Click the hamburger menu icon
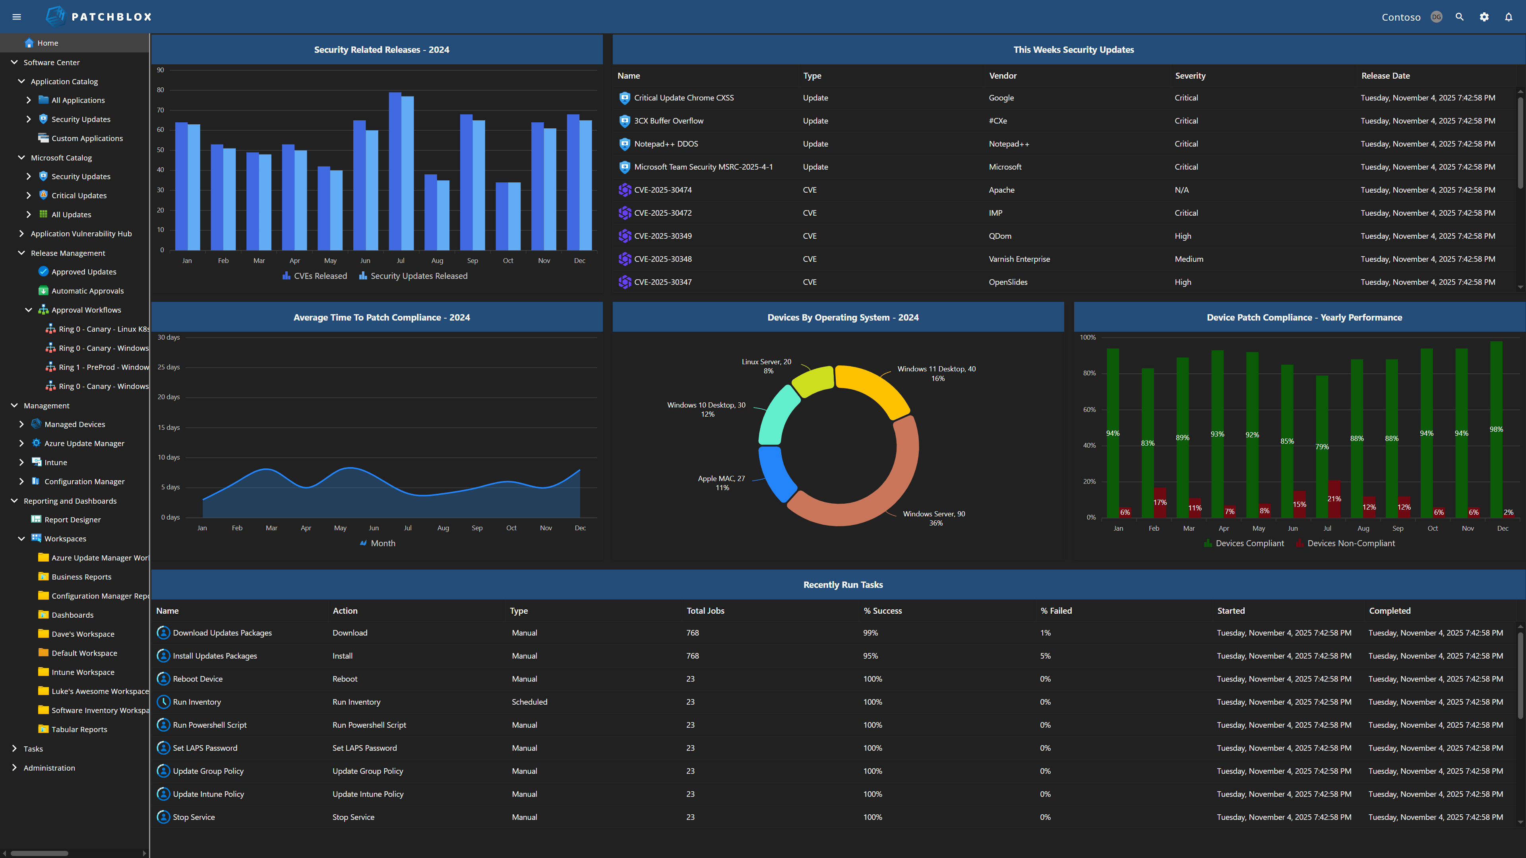pyautogui.click(x=17, y=17)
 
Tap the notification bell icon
pyautogui.click(x=1508, y=17)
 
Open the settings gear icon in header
pyautogui.click(x=1484, y=17)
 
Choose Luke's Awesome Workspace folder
pyautogui.click(x=99, y=691)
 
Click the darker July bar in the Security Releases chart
pyautogui.click(x=395, y=172)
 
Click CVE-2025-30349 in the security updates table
pyautogui.click(x=662, y=236)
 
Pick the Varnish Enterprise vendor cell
pyautogui.click(x=1019, y=259)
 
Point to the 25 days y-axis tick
pyautogui.click(x=168, y=367)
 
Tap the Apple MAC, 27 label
pyautogui.click(x=721, y=478)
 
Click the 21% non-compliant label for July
pyautogui.click(x=1334, y=499)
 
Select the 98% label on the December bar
pyautogui.click(x=1496, y=429)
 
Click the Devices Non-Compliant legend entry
pyautogui.click(x=1351, y=543)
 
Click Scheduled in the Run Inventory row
pyautogui.click(x=529, y=701)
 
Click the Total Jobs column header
pyautogui.click(x=705, y=611)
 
